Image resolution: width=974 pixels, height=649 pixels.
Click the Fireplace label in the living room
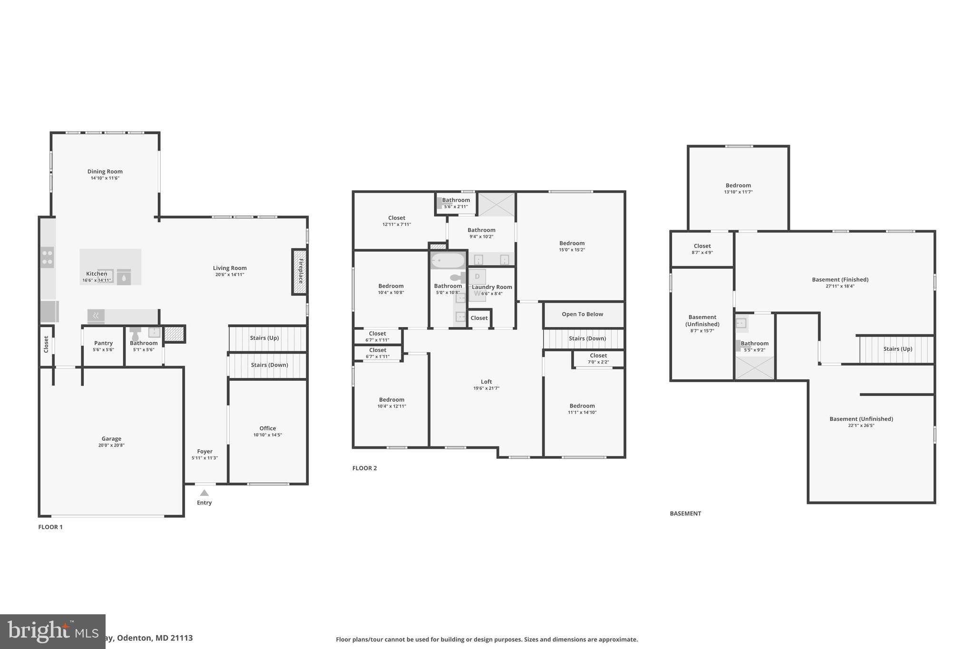tap(300, 271)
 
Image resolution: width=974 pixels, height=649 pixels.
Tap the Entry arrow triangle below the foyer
tap(204, 493)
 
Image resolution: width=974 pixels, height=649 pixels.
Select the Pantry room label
tap(103, 343)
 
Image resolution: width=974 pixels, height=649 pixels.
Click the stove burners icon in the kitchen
tap(47, 257)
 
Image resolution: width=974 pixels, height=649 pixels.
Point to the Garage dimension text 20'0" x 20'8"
tap(111, 446)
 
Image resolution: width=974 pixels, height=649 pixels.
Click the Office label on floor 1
tap(267, 428)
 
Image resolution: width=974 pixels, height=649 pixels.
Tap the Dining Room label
tap(105, 172)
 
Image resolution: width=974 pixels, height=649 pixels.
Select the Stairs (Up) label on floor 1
tap(264, 338)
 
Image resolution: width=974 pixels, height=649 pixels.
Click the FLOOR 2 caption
tap(364, 468)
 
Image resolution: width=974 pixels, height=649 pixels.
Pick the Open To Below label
tap(582, 314)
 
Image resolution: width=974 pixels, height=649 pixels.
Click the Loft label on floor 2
tap(486, 381)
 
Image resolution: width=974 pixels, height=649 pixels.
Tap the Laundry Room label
tap(492, 287)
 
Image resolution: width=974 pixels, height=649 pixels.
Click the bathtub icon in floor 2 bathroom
tap(448, 261)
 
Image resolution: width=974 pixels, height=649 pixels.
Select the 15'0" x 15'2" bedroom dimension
tap(572, 250)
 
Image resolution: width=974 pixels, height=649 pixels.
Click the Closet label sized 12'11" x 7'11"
tap(396, 218)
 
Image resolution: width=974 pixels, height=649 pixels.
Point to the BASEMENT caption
tap(685, 513)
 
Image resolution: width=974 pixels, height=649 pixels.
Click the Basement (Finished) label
tap(840, 280)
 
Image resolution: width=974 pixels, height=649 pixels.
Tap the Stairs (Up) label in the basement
tap(897, 349)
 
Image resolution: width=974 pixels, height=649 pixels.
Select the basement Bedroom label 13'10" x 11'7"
tap(738, 185)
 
